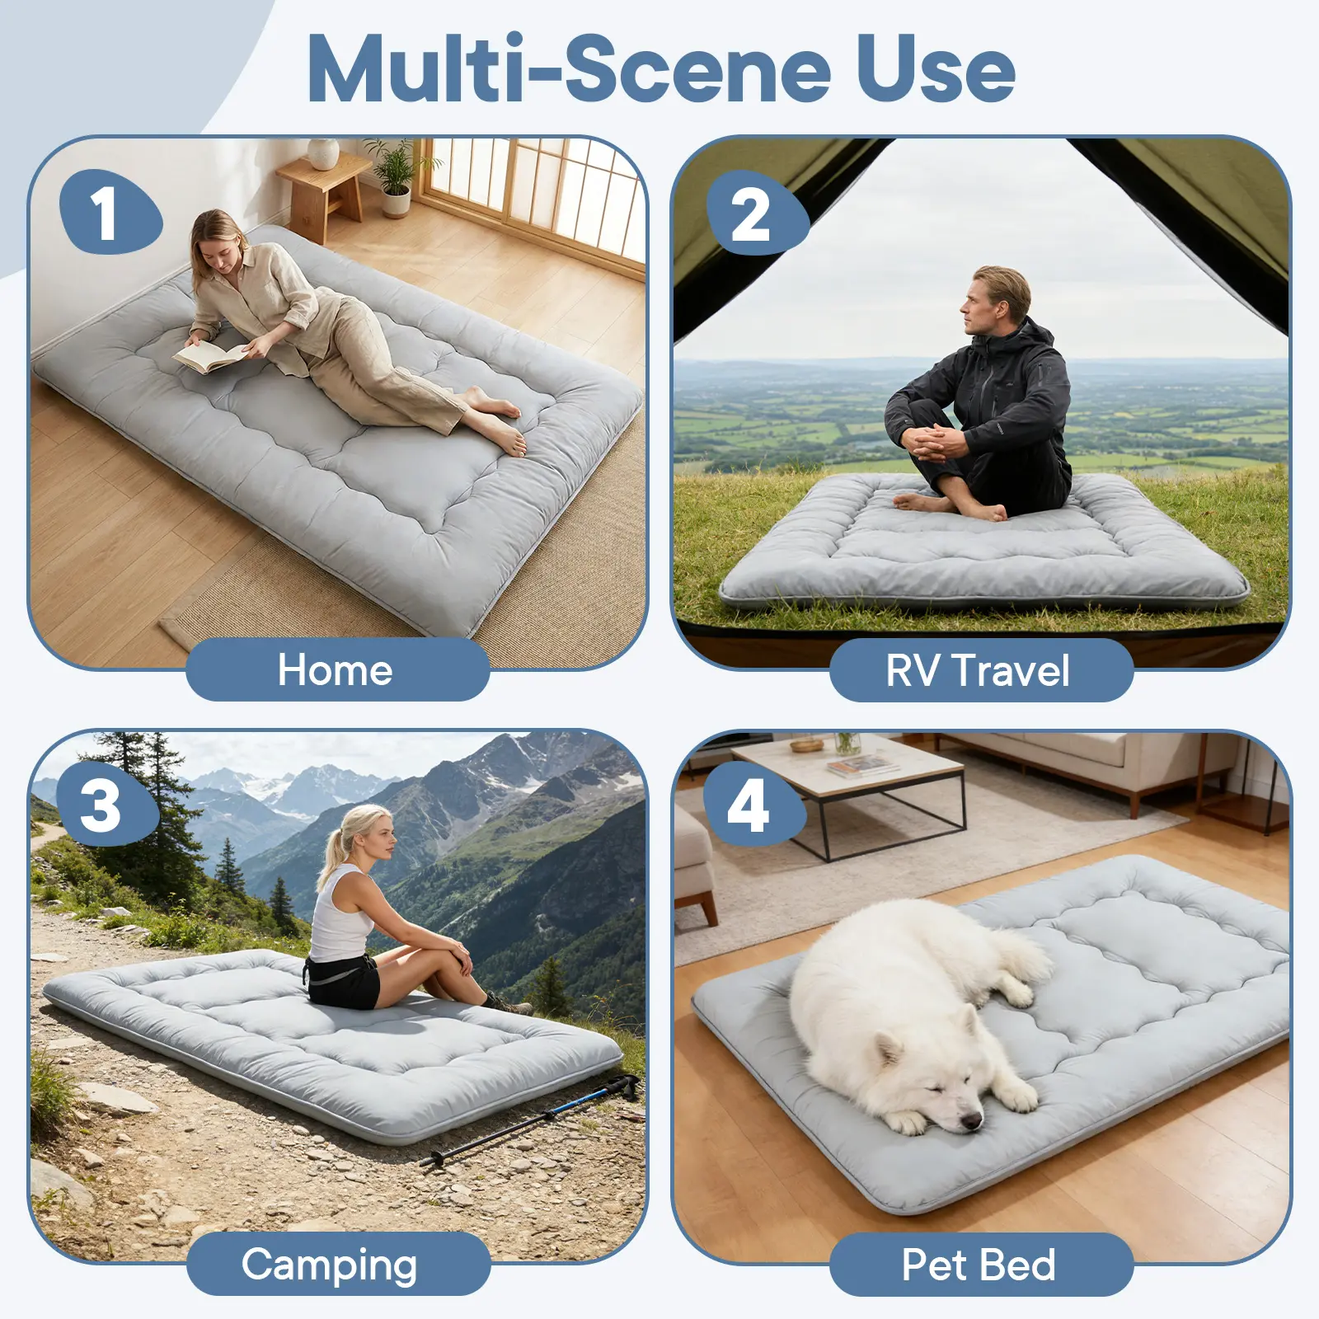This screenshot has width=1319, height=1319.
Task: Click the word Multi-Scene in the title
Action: click(x=569, y=69)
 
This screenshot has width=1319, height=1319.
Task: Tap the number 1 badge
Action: click(x=110, y=212)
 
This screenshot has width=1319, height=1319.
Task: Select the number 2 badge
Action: click(x=757, y=214)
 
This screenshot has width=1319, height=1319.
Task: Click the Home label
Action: click(x=336, y=669)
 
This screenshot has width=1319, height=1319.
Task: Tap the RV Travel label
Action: click(x=979, y=670)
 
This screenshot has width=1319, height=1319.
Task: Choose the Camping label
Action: click(x=330, y=1264)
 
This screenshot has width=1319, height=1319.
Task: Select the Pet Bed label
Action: click(x=979, y=1265)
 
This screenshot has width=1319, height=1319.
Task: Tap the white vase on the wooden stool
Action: click(x=322, y=153)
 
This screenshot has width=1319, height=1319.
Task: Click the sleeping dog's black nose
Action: click(x=973, y=1120)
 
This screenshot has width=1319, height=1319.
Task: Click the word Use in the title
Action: click(x=936, y=69)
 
